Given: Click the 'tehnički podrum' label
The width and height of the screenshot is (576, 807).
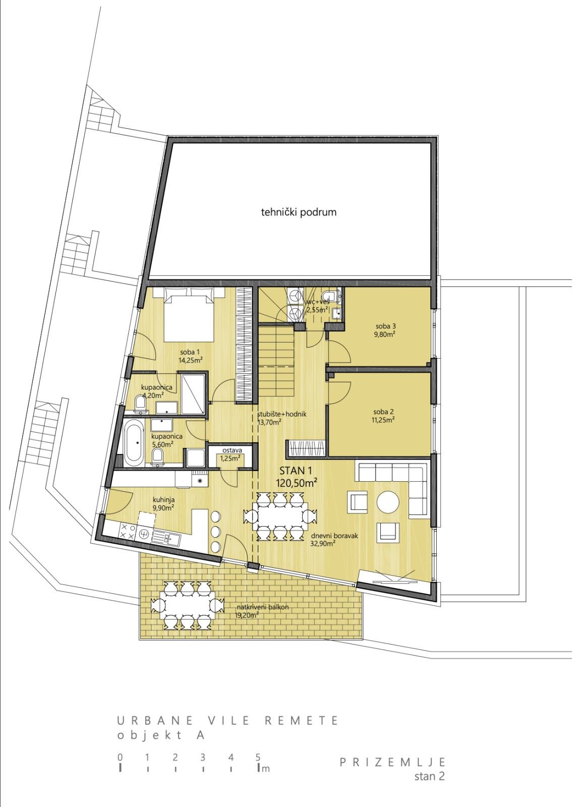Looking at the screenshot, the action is point(299,212).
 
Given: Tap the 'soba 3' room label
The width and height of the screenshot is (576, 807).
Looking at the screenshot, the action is point(385,326).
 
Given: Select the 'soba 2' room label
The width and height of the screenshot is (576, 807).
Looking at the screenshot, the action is point(383,412).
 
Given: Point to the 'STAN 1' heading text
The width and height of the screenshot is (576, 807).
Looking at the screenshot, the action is point(296,471).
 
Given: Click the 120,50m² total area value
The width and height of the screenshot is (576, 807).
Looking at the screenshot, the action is point(297,483).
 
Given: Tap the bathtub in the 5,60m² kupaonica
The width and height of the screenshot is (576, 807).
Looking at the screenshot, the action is point(134,443).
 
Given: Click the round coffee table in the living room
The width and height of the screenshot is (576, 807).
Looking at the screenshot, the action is point(388,501).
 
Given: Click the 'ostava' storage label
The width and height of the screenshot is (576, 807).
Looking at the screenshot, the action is point(232,450).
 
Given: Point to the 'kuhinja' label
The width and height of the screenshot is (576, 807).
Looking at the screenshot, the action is point(163,500).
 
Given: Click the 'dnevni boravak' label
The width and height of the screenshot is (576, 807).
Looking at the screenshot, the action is point(334,536).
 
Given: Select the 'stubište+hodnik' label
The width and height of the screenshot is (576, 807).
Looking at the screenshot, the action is point(282,414).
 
